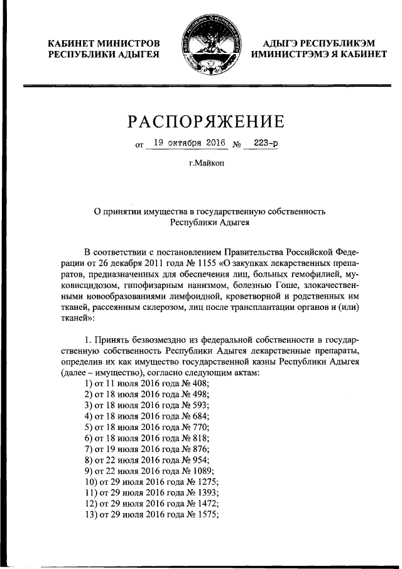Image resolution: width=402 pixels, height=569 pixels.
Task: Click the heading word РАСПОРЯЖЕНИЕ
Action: coord(206,121)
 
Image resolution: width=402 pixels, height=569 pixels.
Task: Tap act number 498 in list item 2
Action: coord(199,394)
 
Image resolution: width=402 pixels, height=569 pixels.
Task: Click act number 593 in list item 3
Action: coord(199,405)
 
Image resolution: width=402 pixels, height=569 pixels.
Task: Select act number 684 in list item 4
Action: coord(199,416)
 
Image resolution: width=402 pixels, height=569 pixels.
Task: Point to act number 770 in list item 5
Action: coord(199,427)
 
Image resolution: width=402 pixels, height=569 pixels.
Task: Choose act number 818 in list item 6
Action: coord(199,438)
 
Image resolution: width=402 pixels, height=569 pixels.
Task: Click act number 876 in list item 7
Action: coord(199,449)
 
